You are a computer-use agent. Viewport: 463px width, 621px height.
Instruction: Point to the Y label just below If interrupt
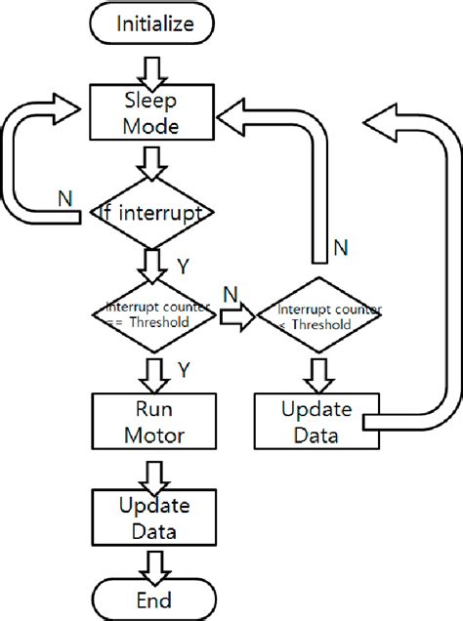(x=183, y=264)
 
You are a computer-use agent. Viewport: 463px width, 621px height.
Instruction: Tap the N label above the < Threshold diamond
(x=341, y=248)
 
